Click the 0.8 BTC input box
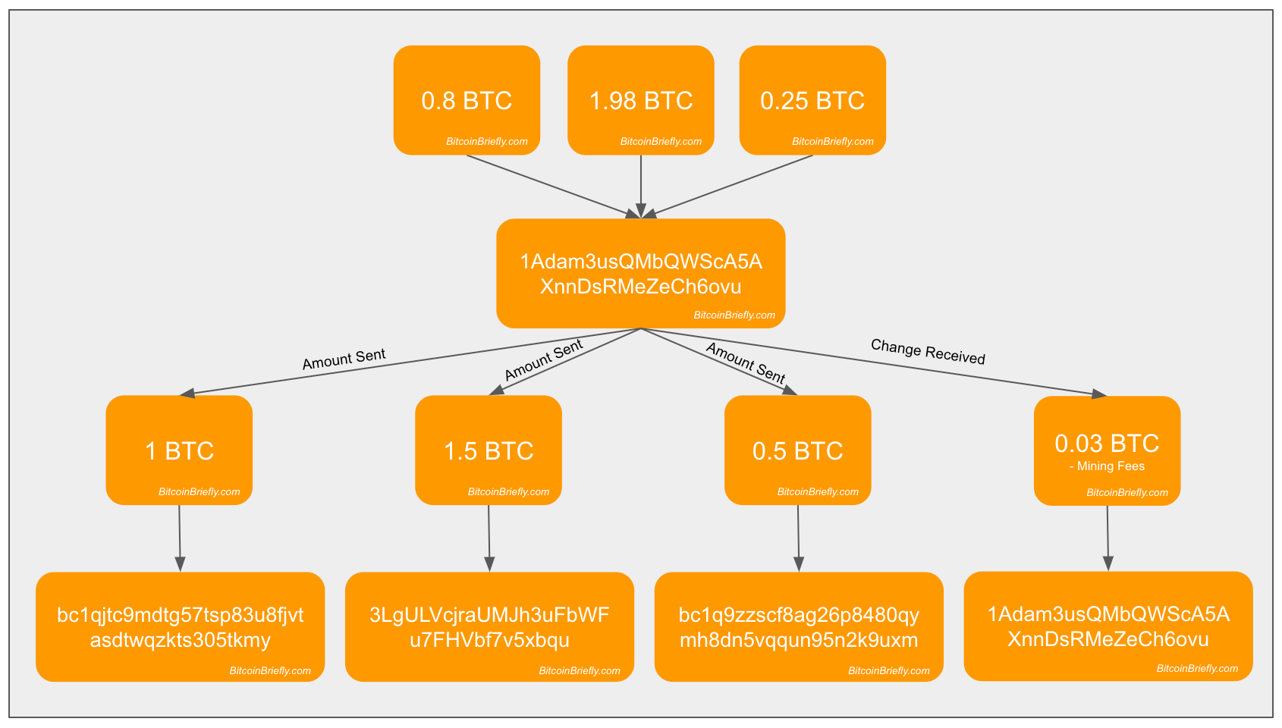467,100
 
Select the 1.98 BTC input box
640,100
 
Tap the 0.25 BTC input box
812,100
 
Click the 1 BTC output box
179,450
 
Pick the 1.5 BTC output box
489,450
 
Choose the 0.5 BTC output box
798,450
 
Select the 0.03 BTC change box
1107,450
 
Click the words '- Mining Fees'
1107,466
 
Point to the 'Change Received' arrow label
928,351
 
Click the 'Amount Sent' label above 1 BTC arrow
344,359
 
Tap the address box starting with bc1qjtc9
181,626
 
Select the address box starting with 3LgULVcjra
489,626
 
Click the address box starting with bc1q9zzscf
799,626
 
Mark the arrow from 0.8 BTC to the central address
554,187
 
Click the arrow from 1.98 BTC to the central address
641,187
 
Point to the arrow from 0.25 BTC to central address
727,187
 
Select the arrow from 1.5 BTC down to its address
489,538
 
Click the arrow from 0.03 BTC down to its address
1108,538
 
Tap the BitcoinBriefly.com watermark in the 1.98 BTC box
661,141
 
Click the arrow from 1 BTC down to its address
180,538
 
